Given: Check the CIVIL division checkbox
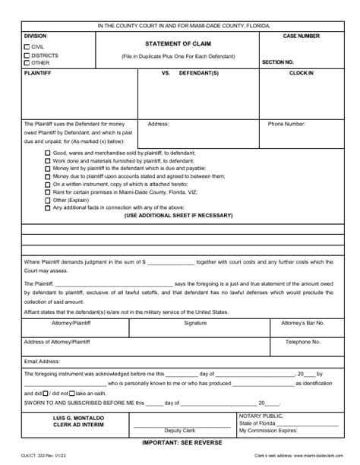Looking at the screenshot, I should point(27,47).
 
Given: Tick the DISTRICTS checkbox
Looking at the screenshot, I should point(27,55).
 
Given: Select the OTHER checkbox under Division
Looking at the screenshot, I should point(27,63).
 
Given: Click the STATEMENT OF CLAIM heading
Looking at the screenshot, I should point(172,43).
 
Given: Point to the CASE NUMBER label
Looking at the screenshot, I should point(302,36).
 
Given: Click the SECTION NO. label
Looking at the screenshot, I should point(278,62).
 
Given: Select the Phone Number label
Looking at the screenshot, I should point(286,123).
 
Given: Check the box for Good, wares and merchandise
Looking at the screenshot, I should point(47,153).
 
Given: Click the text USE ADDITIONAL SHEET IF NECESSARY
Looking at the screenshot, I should point(178,216).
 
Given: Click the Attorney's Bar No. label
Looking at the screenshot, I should point(303,323).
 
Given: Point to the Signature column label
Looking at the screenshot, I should point(195,323).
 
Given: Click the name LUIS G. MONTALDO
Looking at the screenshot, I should point(65,419).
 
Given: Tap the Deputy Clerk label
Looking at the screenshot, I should point(180,430).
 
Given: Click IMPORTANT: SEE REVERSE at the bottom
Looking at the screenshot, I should point(180,441).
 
